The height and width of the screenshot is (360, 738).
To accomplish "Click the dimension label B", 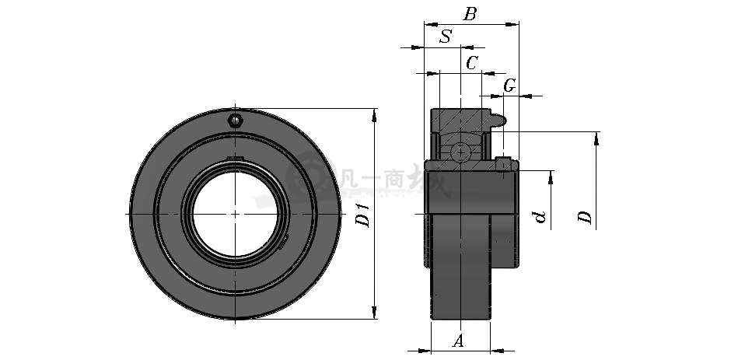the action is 470,14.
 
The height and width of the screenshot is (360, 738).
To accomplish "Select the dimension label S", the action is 446,37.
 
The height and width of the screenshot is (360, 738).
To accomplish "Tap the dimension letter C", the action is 471,62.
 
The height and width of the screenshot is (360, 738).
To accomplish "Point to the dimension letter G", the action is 509,86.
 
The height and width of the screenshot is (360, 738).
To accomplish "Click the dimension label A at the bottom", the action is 458,341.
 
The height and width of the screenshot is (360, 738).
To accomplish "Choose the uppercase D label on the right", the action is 585,218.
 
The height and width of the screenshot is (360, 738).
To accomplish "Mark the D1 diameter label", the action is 363,215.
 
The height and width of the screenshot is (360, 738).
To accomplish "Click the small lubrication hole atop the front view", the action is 236,121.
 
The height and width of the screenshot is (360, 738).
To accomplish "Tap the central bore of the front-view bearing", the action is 235,214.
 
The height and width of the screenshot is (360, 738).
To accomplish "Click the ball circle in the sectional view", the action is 460,152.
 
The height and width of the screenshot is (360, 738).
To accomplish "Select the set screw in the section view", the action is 503,164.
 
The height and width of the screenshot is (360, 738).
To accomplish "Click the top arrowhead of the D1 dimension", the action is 374,115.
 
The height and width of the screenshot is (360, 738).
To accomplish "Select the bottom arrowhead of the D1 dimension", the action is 374,313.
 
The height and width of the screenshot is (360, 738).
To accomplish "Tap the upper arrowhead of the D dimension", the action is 596,138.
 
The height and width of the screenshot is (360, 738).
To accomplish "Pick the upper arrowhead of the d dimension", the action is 551,177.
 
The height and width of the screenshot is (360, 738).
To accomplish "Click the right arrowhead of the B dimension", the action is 512,24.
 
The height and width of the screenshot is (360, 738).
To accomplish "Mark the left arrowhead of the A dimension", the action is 424,351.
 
